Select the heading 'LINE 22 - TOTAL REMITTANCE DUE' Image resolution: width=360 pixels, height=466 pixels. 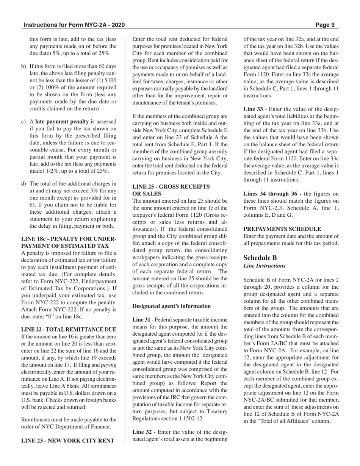coord(69,329)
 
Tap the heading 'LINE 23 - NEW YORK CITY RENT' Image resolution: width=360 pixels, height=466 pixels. coord(68,440)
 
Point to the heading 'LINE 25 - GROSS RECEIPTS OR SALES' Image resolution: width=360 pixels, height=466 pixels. coord(171,190)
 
